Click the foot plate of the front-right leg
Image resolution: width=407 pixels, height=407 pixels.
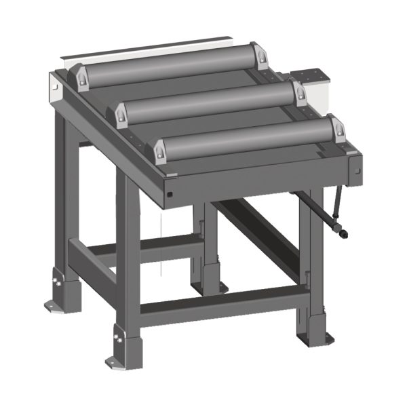tap(317, 337)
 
